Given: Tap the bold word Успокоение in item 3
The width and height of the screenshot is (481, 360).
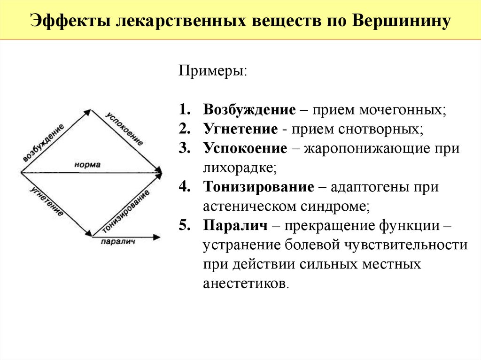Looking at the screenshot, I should tap(245, 148).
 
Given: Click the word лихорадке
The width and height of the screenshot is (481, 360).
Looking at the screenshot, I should tap(238, 168).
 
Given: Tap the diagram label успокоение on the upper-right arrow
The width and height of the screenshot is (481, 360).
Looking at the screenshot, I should tap(124, 129).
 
